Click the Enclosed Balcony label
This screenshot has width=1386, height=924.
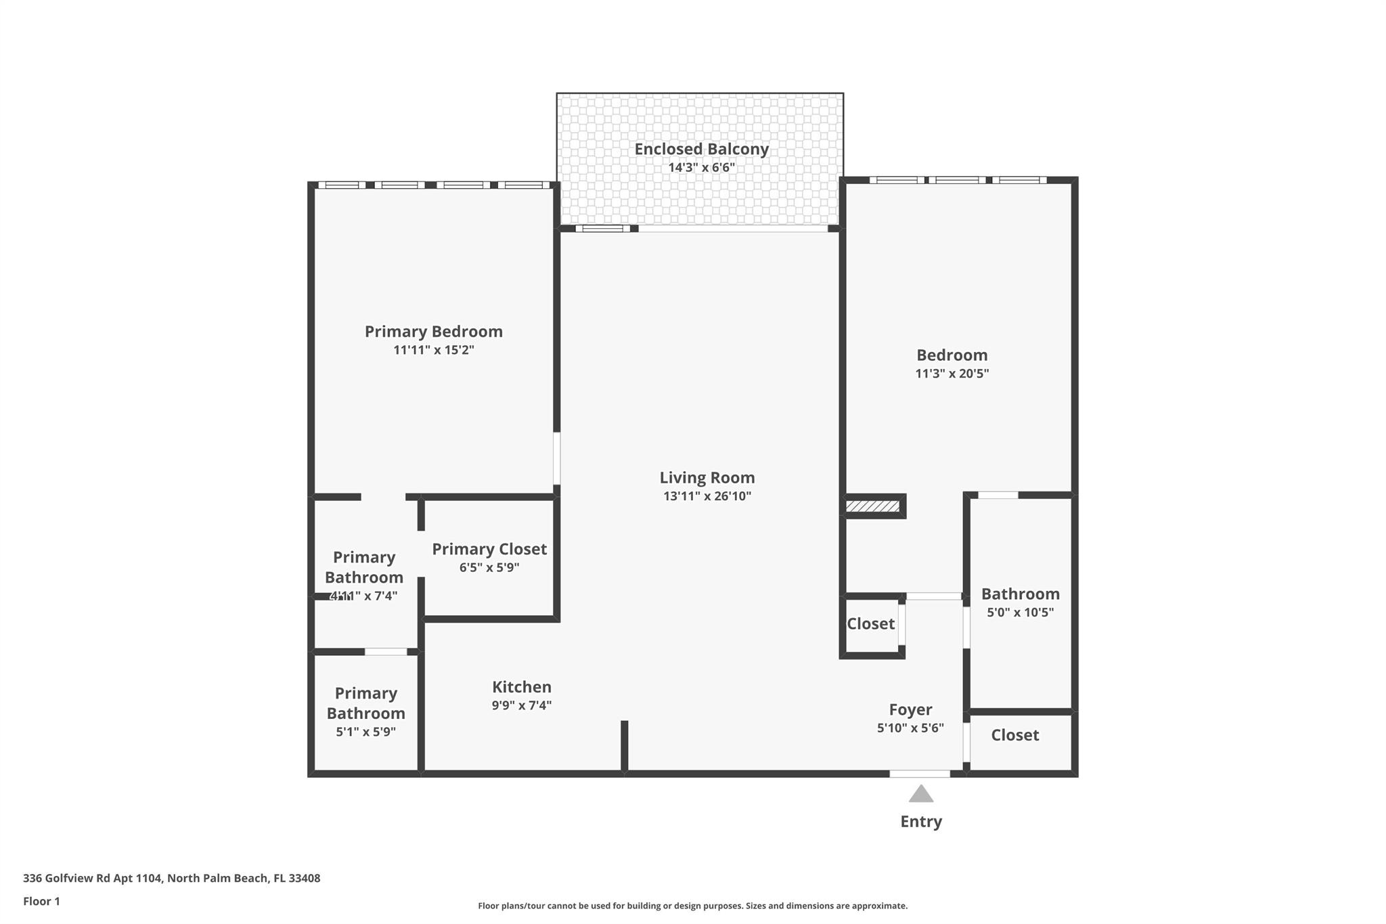701,149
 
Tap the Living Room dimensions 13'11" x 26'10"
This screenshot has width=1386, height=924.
707,496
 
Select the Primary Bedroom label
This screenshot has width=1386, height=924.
433,332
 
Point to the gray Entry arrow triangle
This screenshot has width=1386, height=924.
920,795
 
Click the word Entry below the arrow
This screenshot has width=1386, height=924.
920,822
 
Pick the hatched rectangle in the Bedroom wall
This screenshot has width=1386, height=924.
872,506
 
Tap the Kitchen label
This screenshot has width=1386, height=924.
521,687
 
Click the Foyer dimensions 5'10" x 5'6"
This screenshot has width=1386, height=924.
910,728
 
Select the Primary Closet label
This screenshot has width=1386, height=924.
489,549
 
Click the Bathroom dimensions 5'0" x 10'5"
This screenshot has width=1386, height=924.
1020,613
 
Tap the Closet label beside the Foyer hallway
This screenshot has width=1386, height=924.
870,624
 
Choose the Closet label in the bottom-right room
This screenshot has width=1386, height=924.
1014,735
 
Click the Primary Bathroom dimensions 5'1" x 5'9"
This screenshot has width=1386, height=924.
365,732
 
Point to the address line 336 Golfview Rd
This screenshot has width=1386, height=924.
171,878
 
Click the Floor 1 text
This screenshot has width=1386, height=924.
41,901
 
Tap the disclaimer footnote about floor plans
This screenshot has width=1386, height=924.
692,906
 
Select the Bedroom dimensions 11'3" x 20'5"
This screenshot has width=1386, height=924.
952,374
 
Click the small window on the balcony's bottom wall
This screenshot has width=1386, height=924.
602,229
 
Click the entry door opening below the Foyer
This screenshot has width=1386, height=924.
920,774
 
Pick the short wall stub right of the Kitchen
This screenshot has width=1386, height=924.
624,746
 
